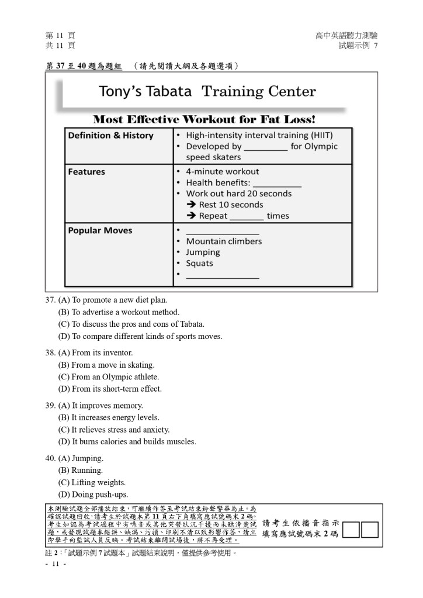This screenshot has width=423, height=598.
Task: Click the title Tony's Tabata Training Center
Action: point(207,92)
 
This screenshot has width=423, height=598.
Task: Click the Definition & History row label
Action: point(110,136)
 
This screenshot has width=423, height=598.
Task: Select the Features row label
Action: point(86,172)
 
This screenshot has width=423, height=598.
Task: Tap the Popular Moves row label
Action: point(100,230)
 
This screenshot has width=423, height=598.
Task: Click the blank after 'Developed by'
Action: point(266,147)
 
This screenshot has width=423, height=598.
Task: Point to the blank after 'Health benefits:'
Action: point(277,183)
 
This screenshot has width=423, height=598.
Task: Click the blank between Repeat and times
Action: point(247,216)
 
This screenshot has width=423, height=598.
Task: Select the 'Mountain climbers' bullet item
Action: point(224,241)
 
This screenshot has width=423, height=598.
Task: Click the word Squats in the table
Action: point(199,264)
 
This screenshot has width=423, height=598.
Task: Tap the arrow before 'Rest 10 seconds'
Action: point(191,205)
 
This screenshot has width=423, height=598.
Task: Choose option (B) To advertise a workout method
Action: point(119,312)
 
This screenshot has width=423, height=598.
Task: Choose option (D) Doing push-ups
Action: point(93,495)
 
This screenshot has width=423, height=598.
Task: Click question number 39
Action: point(50,406)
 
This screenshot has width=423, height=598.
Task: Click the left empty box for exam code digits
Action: point(352,530)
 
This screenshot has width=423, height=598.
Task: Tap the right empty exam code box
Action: point(370,530)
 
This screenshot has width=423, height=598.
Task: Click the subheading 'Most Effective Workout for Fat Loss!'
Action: point(204,119)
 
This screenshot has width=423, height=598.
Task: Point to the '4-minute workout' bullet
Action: point(222,172)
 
